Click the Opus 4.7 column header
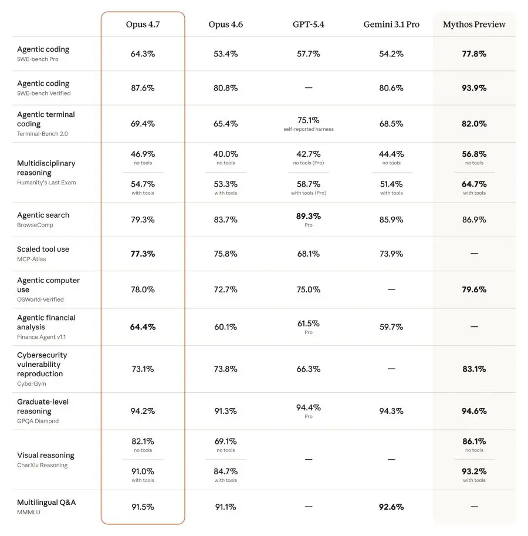(143, 24)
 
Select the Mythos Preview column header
(474, 24)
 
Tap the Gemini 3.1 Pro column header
(391, 24)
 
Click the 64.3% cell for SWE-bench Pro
(143, 54)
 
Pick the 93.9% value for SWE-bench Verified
(474, 88)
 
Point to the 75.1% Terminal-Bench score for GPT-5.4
(309, 120)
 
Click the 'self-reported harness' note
(309, 129)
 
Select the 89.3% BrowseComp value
(309, 216)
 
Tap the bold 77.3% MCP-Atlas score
(143, 254)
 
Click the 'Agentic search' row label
(43, 215)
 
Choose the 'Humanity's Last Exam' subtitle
(46, 183)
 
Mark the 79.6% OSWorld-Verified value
(474, 289)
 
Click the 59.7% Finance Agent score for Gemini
(391, 327)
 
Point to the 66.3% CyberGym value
(309, 369)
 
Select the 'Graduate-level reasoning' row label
(43, 406)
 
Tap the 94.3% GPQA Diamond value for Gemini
(391, 411)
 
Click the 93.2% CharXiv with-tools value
(474, 471)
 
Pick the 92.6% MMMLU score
(391, 507)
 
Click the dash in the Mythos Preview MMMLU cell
(474, 507)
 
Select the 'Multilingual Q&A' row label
(46, 503)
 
